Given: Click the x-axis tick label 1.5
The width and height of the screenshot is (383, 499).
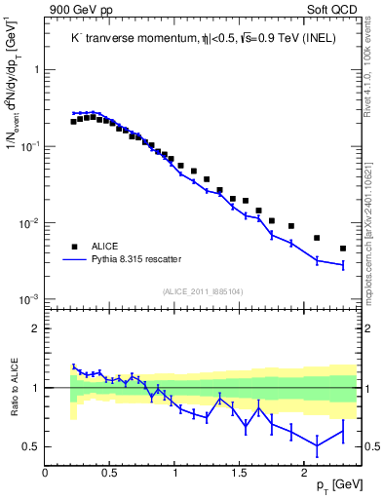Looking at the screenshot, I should (240, 473).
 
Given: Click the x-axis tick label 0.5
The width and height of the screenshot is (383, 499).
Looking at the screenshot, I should (110, 473).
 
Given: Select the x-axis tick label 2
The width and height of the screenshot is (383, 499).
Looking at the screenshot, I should (304, 473).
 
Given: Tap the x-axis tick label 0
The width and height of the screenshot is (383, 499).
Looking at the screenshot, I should (46, 473).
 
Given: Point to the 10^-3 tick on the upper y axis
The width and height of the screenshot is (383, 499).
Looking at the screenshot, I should (29, 299).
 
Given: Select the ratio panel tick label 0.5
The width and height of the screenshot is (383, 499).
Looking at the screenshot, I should (31, 447).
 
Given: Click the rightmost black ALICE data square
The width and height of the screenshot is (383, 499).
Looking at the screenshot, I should (343, 249).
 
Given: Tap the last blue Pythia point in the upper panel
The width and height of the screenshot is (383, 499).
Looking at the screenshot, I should (343, 265).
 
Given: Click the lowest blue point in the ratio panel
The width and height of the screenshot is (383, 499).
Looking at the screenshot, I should (317, 445).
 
